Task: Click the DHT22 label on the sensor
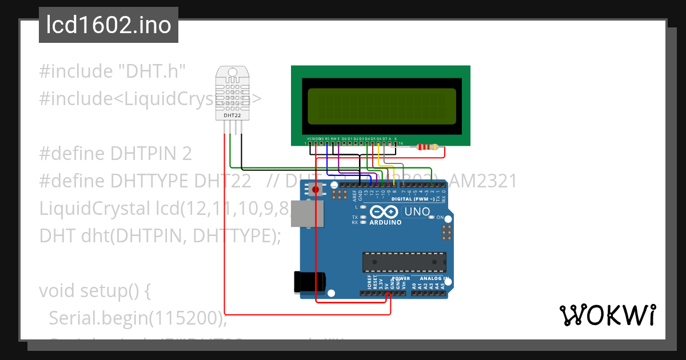coord(232,115)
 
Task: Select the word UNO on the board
coord(417,211)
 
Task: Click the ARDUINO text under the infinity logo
coord(385,222)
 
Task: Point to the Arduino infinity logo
coord(385,211)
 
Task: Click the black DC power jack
coord(309,281)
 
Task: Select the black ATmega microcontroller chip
coord(404,261)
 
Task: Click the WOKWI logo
coord(607,315)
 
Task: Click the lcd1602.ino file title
coord(109,25)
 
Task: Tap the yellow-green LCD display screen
coord(381,106)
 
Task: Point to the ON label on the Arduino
coord(440,218)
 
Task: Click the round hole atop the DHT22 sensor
coord(232,71)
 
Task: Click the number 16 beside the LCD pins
coord(401,143)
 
